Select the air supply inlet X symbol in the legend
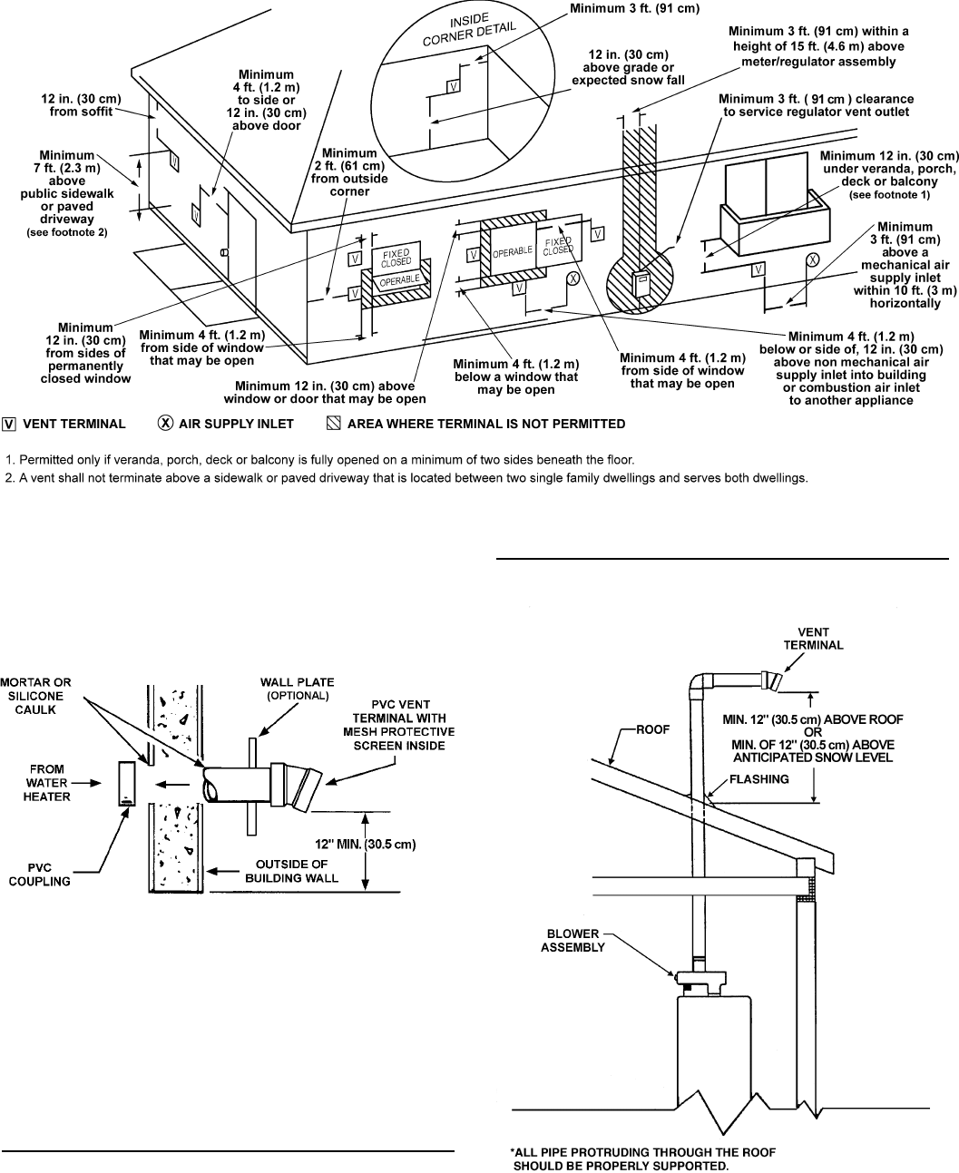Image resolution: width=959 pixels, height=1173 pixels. tap(166, 423)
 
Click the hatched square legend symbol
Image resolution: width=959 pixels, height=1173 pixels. tap(334, 423)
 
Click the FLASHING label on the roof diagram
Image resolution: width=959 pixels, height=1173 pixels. tap(758, 778)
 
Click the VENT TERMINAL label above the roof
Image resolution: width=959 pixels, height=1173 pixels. tap(813, 639)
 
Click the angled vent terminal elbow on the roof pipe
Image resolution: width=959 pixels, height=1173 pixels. tap(768, 679)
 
